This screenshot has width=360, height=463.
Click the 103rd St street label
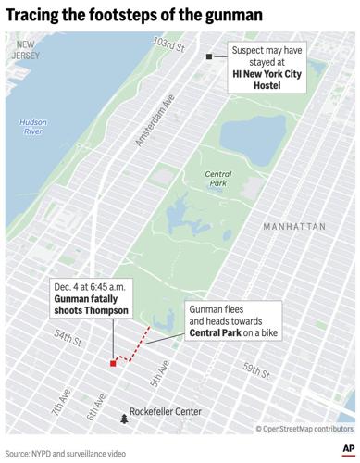(x=169, y=45)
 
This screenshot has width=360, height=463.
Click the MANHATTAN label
(x=293, y=226)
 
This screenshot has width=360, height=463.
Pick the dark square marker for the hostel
(x=209, y=57)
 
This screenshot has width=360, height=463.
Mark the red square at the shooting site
(x=113, y=364)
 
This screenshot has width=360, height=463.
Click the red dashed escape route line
(x=134, y=344)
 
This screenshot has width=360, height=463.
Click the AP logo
(x=342, y=447)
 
